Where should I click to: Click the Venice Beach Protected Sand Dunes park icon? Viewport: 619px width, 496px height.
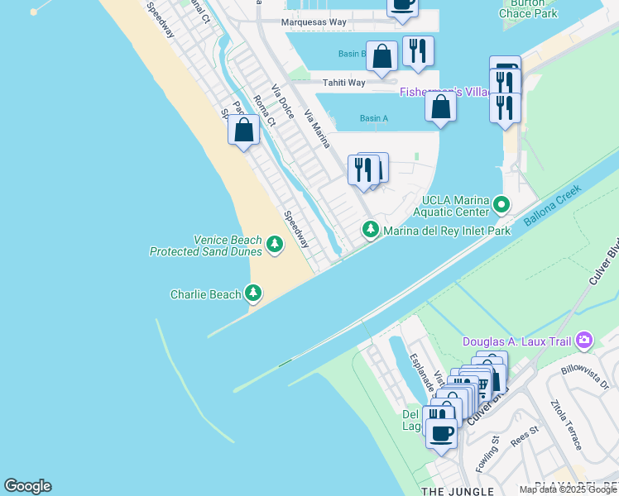pos(274,245)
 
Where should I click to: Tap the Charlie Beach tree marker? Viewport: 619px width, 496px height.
pos(253,293)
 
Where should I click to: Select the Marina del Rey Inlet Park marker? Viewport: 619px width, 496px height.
pos(371,230)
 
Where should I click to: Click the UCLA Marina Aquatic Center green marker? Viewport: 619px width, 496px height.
pos(500,203)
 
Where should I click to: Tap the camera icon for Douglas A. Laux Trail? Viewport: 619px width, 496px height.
pos(585,340)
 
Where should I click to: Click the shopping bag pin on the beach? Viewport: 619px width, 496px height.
pos(243,131)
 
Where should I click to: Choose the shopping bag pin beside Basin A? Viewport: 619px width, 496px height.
pos(441,107)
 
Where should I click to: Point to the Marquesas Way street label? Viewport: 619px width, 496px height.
pos(314,22)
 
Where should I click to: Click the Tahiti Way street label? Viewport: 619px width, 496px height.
pos(344,83)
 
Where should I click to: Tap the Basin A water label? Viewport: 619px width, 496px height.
pos(373,118)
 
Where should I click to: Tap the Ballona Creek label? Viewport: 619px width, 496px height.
pos(552,205)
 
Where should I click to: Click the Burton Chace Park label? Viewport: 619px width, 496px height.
pos(529,9)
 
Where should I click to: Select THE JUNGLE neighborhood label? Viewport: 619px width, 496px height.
pos(447,491)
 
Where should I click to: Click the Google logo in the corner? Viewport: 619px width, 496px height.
pos(27,486)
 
